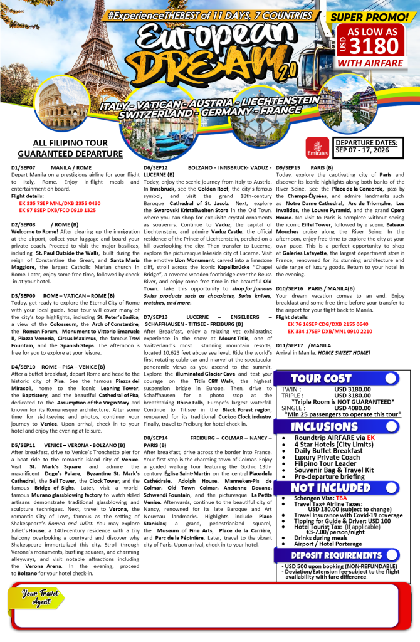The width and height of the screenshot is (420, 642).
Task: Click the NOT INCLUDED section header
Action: [330, 488]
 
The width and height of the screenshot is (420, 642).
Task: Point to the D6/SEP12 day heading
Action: [155, 168]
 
